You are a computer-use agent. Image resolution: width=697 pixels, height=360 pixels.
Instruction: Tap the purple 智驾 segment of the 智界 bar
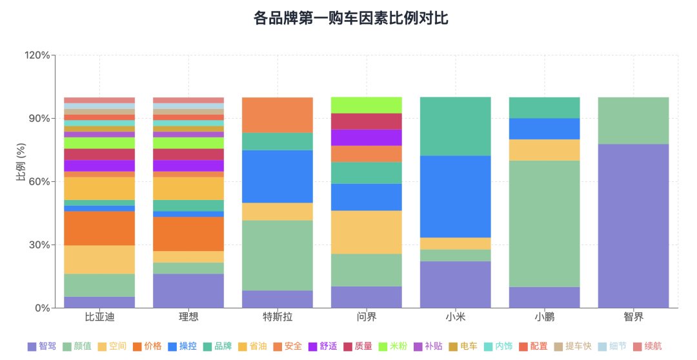pyautogui.click(x=633, y=226)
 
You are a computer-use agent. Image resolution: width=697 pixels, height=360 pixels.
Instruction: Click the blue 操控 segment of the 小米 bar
pyautogui.click(x=455, y=197)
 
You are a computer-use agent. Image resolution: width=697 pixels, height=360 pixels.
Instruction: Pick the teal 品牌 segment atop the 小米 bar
pyautogui.click(x=455, y=126)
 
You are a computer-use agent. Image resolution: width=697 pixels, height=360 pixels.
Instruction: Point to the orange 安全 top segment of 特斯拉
pyautogui.click(x=278, y=115)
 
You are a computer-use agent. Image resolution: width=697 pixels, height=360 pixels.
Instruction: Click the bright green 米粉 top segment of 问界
pyautogui.click(x=366, y=105)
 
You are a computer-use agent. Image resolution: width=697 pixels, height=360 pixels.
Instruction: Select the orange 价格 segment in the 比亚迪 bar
pyautogui.click(x=99, y=228)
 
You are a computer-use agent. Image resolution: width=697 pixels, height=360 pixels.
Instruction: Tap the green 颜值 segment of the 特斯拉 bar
pyautogui.click(x=278, y=255)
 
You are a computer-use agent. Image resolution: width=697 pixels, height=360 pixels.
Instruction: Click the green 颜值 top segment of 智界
pyautogui.click(x=633, y=121)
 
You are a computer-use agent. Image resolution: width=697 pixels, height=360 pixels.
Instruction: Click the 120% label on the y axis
pyautogui.click(x=37, y=55)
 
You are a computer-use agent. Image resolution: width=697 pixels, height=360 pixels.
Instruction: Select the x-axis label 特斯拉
pyautogui.click(x=278, y=317)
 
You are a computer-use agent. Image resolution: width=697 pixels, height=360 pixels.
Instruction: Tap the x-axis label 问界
pyautogui.click(x=366, y=317)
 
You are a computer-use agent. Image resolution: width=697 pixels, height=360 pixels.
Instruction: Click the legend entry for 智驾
pyautogui.click(x=42, y=346)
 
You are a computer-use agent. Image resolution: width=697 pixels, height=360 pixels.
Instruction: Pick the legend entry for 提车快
pyautogui.click(x=572, y=346)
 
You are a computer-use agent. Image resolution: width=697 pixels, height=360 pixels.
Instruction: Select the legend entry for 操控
pyautogui.click(x=182, y=346)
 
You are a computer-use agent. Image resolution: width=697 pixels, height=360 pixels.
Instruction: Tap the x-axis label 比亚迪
pyautogui.click(x=99, y=317)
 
